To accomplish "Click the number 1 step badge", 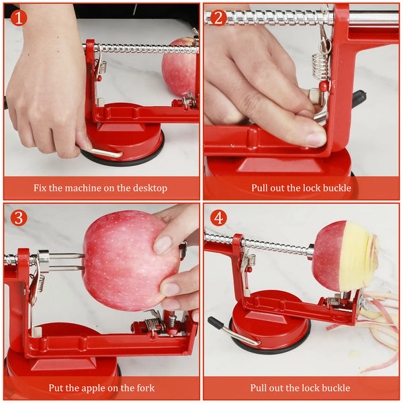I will [x=18, y=17].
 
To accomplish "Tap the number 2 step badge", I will [x=218, y=17].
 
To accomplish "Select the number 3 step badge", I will [x=18, y=218].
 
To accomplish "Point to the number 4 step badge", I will [x=218, y=218].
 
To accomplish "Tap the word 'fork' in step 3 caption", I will [x=145, y=388].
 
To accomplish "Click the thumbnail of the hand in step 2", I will [x=316, y=138].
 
